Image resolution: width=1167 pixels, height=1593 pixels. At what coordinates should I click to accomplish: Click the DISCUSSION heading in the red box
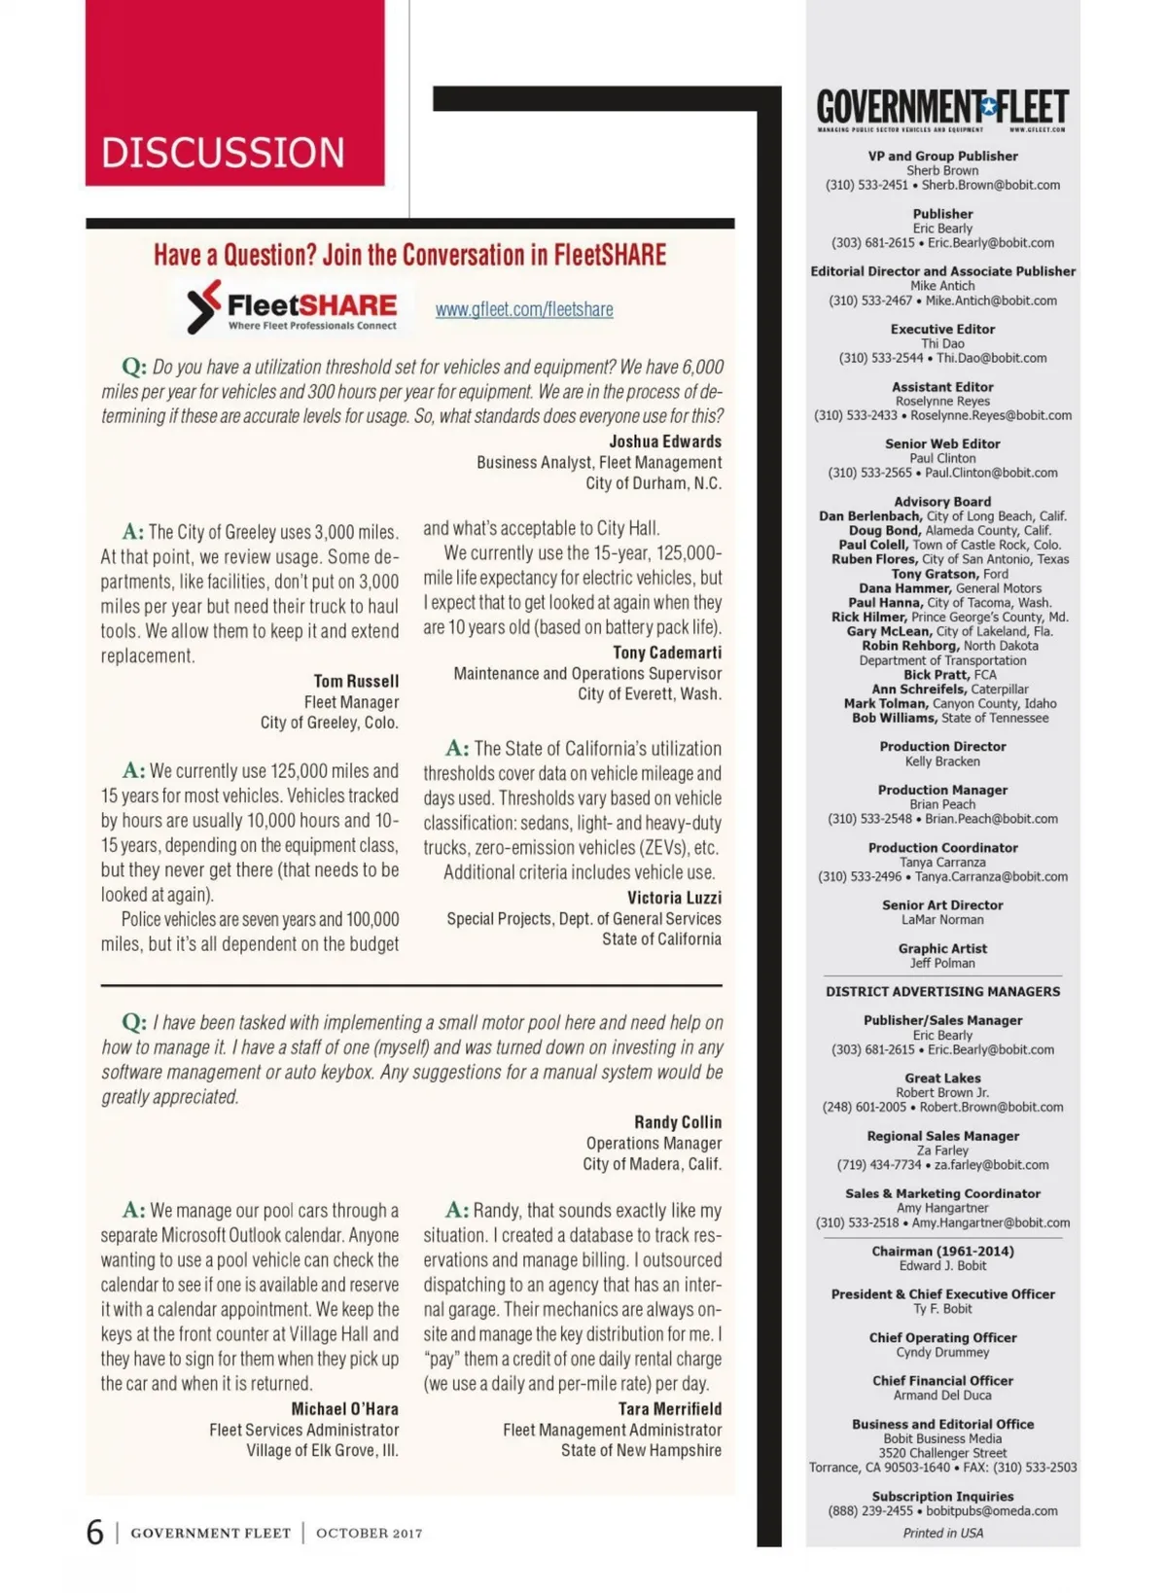223,153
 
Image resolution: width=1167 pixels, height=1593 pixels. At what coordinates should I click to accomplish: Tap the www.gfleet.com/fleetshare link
524,309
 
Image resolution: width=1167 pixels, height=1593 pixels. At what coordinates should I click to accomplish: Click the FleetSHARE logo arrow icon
202,306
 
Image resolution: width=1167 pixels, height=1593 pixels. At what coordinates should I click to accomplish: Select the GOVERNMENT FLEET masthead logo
941,108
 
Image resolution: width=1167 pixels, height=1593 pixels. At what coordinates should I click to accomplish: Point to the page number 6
94,1533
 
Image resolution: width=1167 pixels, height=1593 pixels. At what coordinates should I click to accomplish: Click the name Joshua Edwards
665,442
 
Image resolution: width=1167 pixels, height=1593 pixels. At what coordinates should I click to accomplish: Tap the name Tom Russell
356,681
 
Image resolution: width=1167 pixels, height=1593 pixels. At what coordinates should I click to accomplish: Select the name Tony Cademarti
667,652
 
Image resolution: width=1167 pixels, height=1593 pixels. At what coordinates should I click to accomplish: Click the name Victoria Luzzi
674,897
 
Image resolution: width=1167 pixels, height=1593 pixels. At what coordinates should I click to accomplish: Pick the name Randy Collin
678,1121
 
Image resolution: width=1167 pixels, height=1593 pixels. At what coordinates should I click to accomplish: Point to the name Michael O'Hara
344,1408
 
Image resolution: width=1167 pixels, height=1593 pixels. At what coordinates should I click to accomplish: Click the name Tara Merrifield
670,1408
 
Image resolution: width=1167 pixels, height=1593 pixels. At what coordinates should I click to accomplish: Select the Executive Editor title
942,329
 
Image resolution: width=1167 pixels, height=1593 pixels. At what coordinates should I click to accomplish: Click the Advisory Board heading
942,502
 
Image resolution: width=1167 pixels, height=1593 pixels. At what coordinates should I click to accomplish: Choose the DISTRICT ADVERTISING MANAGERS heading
942,991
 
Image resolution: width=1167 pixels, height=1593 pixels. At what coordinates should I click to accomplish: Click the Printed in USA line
942,1533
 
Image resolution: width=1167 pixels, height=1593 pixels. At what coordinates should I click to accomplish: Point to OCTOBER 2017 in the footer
369,1534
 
